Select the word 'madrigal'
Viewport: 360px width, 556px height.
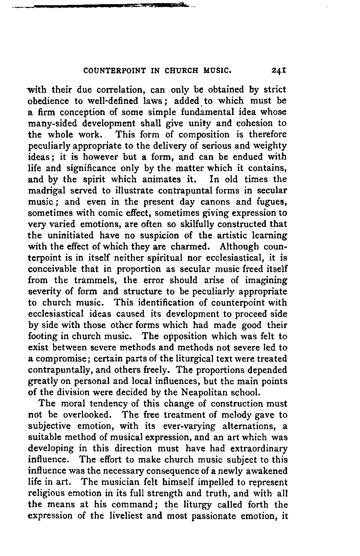click(44, 191)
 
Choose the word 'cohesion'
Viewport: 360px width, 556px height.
click(246, 124)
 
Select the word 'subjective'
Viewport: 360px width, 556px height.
click(49, 426)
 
